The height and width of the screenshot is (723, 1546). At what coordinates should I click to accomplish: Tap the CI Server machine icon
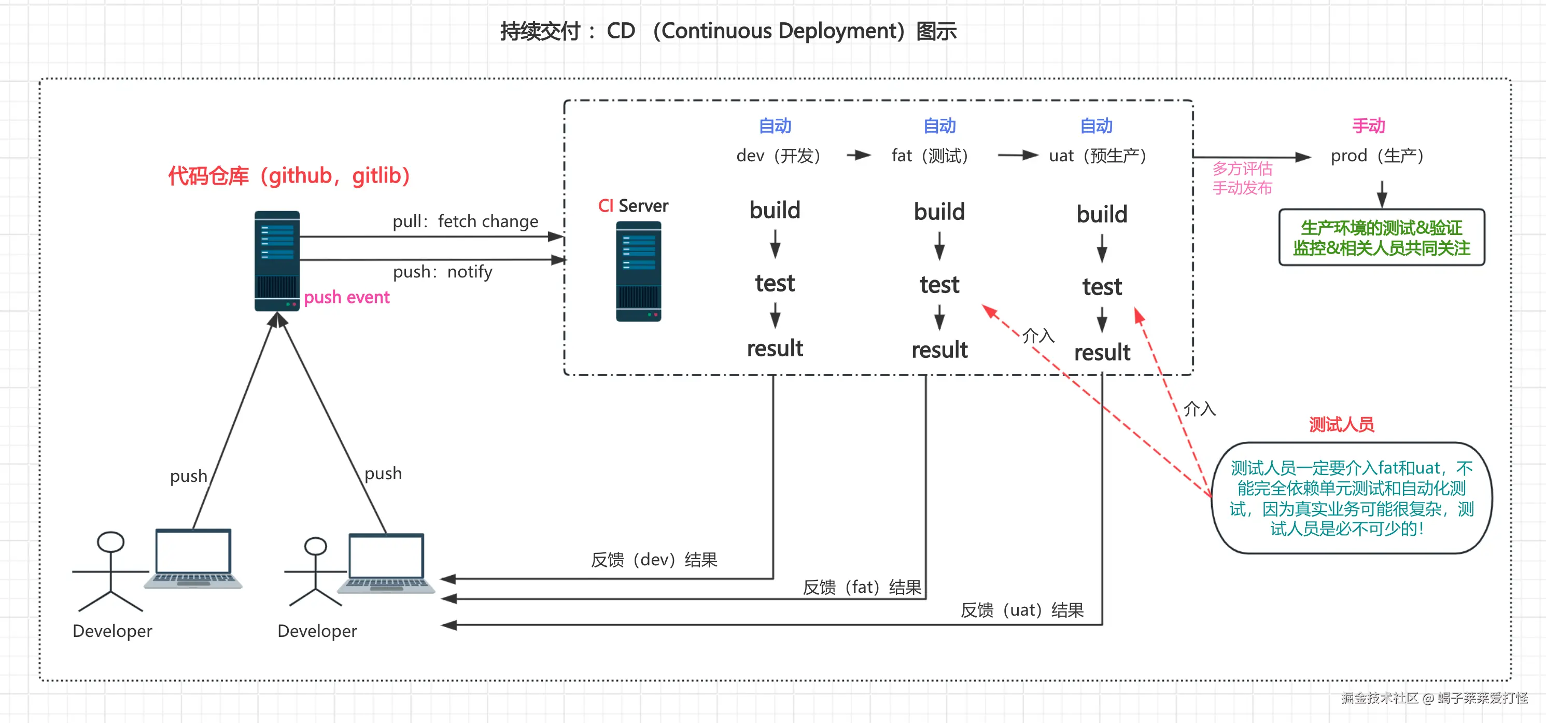(x=639, y=271)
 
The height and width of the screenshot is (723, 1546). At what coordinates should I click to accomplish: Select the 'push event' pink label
(x=346, y=297)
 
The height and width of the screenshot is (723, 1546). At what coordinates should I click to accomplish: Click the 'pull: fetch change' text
(x=465, y=221)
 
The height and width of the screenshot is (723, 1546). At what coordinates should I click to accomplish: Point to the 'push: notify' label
(x=442, y=272)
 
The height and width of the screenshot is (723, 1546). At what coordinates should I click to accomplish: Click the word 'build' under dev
(x=775, y=211)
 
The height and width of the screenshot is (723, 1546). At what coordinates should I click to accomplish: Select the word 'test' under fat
(x=939, y=285)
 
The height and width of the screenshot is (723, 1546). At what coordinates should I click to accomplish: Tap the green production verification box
(x=1382, y=238)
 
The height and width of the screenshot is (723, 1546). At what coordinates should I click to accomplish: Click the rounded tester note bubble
(x=1352, y=498)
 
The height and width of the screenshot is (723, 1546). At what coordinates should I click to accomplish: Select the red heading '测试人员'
(x=1341, y=425)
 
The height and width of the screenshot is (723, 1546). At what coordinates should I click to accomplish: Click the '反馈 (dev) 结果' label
(x=654, y=560)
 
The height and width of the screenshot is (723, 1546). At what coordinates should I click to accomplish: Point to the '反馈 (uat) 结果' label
(x=1022, y=610)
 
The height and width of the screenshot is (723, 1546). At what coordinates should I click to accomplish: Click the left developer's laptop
(x=193, y=559)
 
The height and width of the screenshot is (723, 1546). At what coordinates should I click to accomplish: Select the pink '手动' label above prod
(x=1368, y=126)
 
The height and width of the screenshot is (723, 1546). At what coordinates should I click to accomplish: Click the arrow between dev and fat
(x=859, y=156)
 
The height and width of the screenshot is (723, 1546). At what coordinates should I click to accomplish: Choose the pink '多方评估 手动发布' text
(x=1242, y=178)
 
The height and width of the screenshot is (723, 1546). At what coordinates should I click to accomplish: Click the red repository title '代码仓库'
(x=208, y=176)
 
